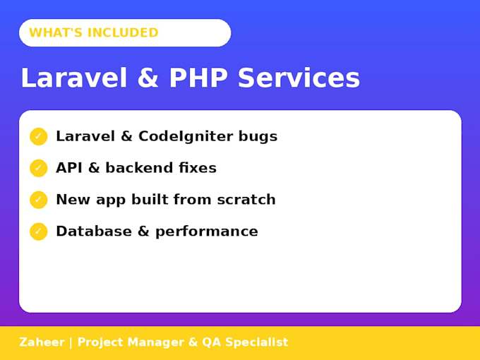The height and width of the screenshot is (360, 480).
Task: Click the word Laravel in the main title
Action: point(74,78)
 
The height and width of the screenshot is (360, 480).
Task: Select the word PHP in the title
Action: point(198,78)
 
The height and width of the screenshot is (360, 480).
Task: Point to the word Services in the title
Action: point(299,78)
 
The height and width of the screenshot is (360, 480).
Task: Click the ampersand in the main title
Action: point(148,78)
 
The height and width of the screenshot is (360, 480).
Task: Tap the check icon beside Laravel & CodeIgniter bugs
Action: point(39,136)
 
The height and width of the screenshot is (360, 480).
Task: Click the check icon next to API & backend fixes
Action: point(39,168)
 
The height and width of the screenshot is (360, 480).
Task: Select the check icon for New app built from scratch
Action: point(39,200)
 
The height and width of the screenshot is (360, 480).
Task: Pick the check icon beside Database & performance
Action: point(39,232)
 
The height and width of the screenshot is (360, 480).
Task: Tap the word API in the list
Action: point(69,168)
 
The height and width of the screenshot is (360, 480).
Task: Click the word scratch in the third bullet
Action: point(246,199)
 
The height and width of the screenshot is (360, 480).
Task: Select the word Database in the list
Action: point(94,231)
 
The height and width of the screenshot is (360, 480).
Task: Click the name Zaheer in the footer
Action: point(42,342)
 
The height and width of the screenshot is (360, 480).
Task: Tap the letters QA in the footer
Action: point(211,342)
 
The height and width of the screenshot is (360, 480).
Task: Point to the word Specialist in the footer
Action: point(257,342)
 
